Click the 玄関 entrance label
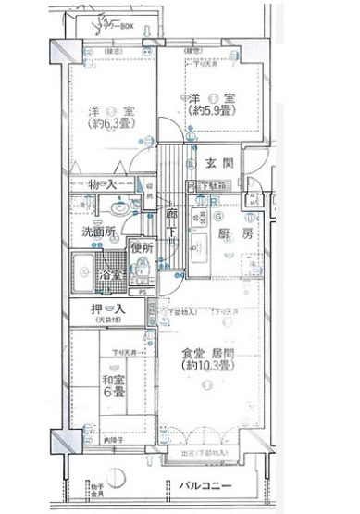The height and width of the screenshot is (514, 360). pyautogui.click(x=219, y=163)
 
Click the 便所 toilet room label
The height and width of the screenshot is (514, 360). pyautogui.click(x=141, y=247)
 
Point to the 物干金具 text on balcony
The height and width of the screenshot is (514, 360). pyautogui.click(x=96, y=489)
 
